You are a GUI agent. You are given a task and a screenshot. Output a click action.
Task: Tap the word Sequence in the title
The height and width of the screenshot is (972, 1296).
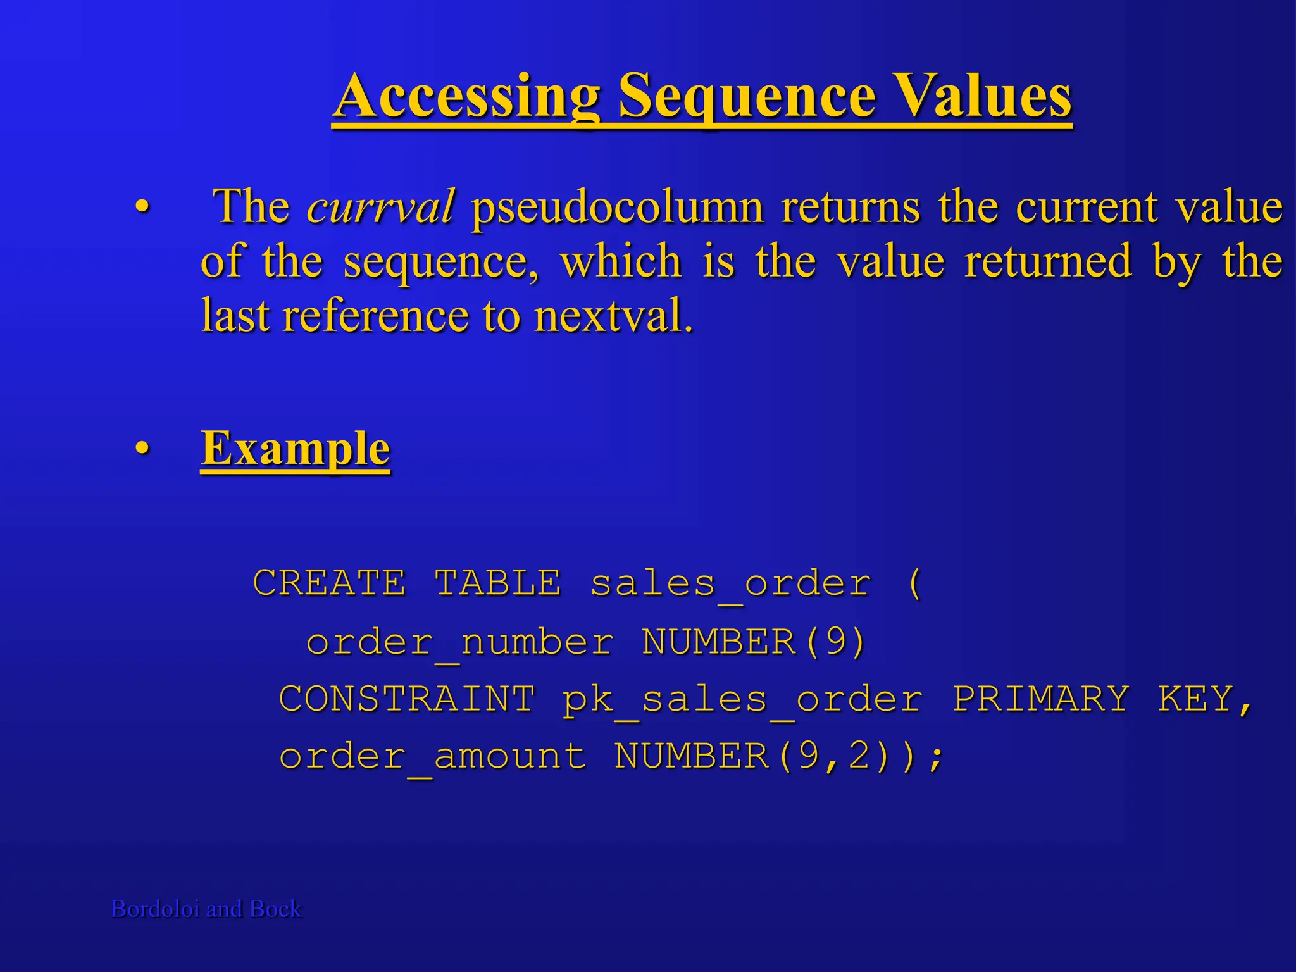[747, 96]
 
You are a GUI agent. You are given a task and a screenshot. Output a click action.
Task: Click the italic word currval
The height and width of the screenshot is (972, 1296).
[380, 206]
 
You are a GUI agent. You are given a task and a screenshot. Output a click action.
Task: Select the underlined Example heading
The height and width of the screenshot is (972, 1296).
[295, 448]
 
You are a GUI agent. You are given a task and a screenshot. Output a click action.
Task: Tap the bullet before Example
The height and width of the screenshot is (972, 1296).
[142, 449]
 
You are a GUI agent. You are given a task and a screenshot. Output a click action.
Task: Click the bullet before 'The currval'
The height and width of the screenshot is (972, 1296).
[142, 207]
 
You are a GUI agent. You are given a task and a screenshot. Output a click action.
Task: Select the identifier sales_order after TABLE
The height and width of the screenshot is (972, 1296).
[730, 583]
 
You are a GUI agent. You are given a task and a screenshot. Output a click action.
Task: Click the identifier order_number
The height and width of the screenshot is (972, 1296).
[459, 642]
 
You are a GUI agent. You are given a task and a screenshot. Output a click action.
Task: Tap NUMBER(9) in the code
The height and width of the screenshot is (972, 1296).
[753, 642]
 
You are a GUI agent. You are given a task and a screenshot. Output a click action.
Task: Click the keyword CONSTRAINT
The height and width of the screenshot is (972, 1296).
[407, 699]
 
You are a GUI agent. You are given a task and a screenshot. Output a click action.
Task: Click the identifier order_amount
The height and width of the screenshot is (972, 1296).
[433, 757]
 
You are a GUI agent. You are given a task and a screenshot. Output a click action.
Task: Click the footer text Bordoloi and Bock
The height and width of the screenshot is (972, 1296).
[206, 909]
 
